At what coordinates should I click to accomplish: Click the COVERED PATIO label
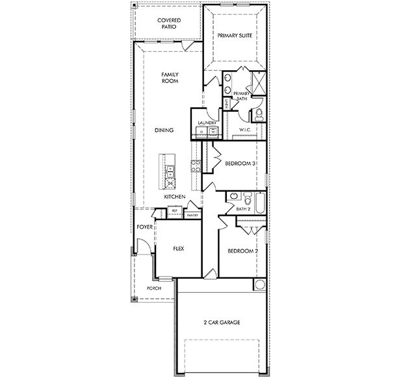[169, 24]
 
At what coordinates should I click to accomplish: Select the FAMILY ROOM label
[170, 78]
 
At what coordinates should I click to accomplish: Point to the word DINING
[164, 130]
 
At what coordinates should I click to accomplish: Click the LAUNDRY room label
[207, 123]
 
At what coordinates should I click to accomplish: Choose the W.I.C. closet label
[244, 130]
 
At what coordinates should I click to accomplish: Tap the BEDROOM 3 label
[240, 164]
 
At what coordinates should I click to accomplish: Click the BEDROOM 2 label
[243, 251]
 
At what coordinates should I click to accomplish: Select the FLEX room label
[179, 248]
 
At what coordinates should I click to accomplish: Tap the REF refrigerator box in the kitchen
[174, 210]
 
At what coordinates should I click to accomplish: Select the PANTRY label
[192, 214]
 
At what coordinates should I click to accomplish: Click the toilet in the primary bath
[258, 116]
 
